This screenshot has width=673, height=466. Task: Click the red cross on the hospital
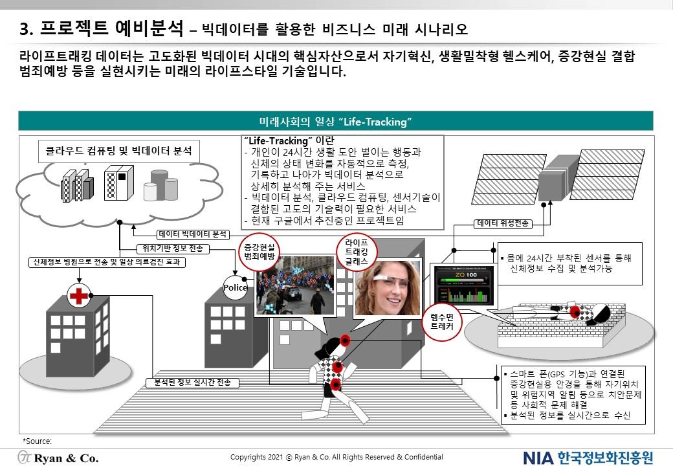[x=79, y=296]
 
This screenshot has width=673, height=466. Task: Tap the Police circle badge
[x=236, y=287]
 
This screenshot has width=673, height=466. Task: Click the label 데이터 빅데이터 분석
[x=193, y=234]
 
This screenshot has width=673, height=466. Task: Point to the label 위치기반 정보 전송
[x=172, y=249]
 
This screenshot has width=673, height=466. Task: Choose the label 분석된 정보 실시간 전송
[x=193, y=383]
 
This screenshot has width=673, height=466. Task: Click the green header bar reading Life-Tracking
[x=336, y=121]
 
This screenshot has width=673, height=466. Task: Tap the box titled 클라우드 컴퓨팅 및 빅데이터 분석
[x=118, y=151]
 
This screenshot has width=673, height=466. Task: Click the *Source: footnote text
[x=37, y=441]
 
